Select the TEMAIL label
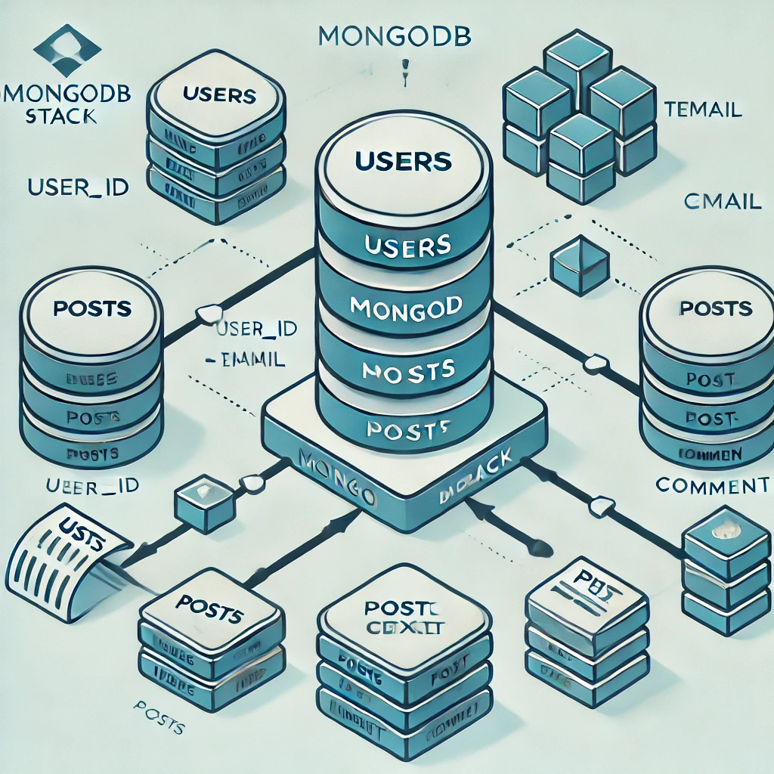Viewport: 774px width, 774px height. tap(702, 109)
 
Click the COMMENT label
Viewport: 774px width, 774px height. tap(712, 485)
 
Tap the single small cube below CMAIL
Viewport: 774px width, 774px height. tap(580, 264)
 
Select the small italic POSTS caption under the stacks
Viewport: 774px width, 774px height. tap(159, 727)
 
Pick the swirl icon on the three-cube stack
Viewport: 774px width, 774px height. tap(725, 530)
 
